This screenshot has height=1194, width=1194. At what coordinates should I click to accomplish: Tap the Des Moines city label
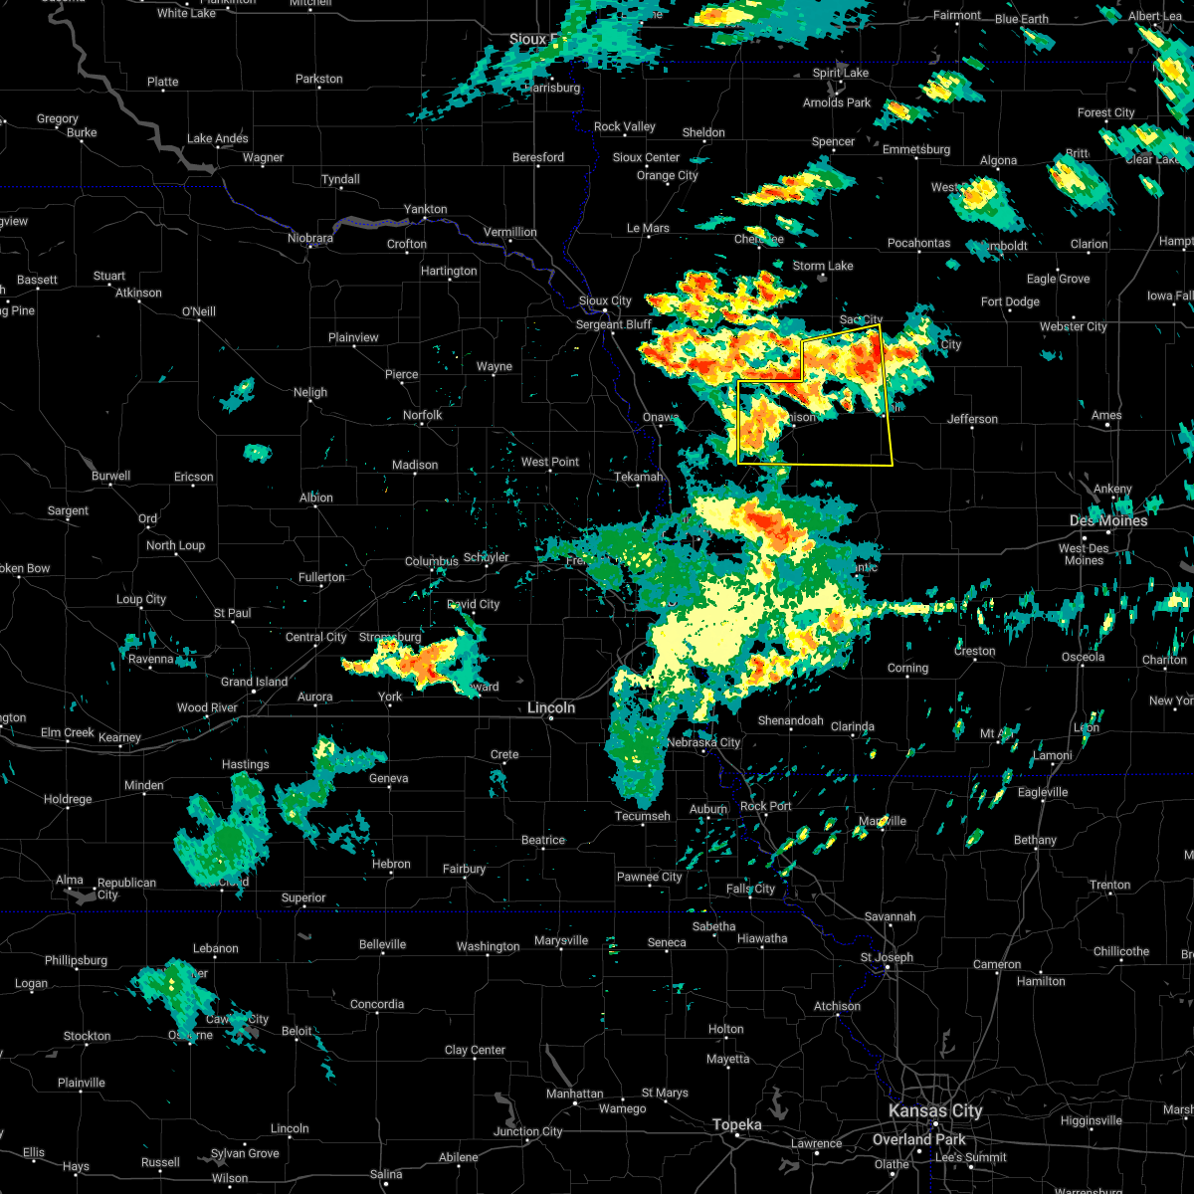1108,520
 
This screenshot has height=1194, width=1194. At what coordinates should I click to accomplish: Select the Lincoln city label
551,707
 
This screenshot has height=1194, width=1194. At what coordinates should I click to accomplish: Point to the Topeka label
736,1125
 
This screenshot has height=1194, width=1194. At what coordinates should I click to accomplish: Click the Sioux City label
605,300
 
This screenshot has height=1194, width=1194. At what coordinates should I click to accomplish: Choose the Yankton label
425,209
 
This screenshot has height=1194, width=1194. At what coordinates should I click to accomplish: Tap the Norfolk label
422,415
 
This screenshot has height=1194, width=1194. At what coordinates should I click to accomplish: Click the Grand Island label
254,682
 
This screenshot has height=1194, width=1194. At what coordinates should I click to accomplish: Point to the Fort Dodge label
1010,301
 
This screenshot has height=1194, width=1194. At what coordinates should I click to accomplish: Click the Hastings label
245,764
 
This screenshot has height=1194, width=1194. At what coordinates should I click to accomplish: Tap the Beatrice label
543,840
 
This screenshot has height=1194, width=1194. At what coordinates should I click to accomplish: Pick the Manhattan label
575,1094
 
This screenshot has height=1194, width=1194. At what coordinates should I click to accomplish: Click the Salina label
386,1174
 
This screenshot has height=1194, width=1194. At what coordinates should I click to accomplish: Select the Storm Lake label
823,266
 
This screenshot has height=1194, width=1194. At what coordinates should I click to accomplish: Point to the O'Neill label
198,311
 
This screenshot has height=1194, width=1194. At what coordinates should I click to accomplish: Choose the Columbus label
431,561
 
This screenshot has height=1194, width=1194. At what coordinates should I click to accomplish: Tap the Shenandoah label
790,720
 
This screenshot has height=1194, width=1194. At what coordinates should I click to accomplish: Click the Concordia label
377,1004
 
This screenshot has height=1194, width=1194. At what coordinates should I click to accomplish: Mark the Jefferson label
972,419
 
